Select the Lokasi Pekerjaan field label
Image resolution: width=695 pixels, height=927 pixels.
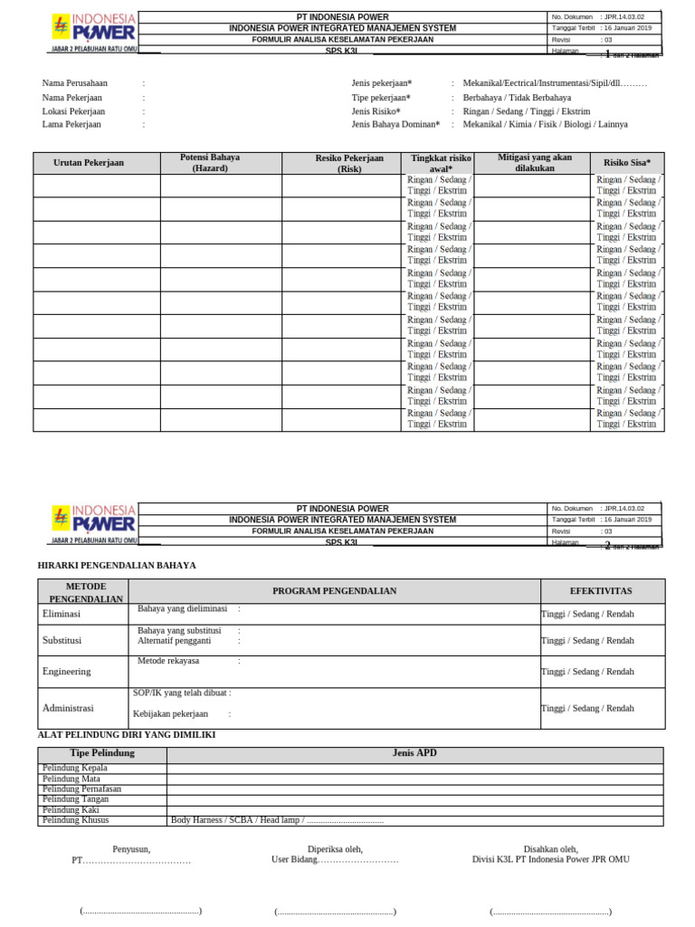(73, 110)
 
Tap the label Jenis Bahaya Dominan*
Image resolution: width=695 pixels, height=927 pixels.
(395, 124)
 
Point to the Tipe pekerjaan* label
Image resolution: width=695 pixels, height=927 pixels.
(381, 97)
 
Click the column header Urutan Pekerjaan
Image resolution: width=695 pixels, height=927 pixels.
(90, 163)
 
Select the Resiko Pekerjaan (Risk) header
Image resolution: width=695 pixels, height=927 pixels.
(349, 163)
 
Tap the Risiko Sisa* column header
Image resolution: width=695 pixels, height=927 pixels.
(627, 163)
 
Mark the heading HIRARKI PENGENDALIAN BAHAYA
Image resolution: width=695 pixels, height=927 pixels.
(117, 565)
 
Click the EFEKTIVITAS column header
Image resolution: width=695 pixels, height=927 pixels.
(601, 591)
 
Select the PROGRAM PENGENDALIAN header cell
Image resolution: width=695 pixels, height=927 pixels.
(334, 591)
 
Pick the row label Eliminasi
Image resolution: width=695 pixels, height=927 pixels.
(62, 614)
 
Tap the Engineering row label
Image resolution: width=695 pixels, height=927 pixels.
(66, 672)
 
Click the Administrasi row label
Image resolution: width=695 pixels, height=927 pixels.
(68, 708)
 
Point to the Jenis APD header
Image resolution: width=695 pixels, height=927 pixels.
(414, 753)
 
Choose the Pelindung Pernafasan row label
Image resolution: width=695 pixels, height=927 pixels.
(81, 788)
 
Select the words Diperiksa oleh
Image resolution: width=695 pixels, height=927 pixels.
(335, 849)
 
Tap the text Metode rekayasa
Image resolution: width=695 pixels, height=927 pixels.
(168, 661)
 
